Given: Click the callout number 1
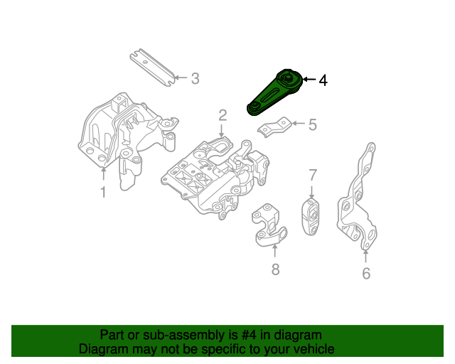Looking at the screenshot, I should [x=102, y=192].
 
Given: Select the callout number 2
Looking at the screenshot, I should [x=223, y=115].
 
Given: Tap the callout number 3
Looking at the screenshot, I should [x=195, y=78].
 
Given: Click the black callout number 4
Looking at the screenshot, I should [x=323, y=80].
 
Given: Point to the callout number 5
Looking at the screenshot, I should [x=312, y=126].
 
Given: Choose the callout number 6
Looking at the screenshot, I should [x=366, y=273].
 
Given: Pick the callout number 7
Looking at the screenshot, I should [x=311, y=175].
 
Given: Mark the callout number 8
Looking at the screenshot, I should [x=275, y=269].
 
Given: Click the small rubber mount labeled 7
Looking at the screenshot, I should [x=311, y=218].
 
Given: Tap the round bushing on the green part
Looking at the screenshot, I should [x=287, y=78].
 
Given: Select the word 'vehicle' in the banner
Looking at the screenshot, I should [x=310, y=349].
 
